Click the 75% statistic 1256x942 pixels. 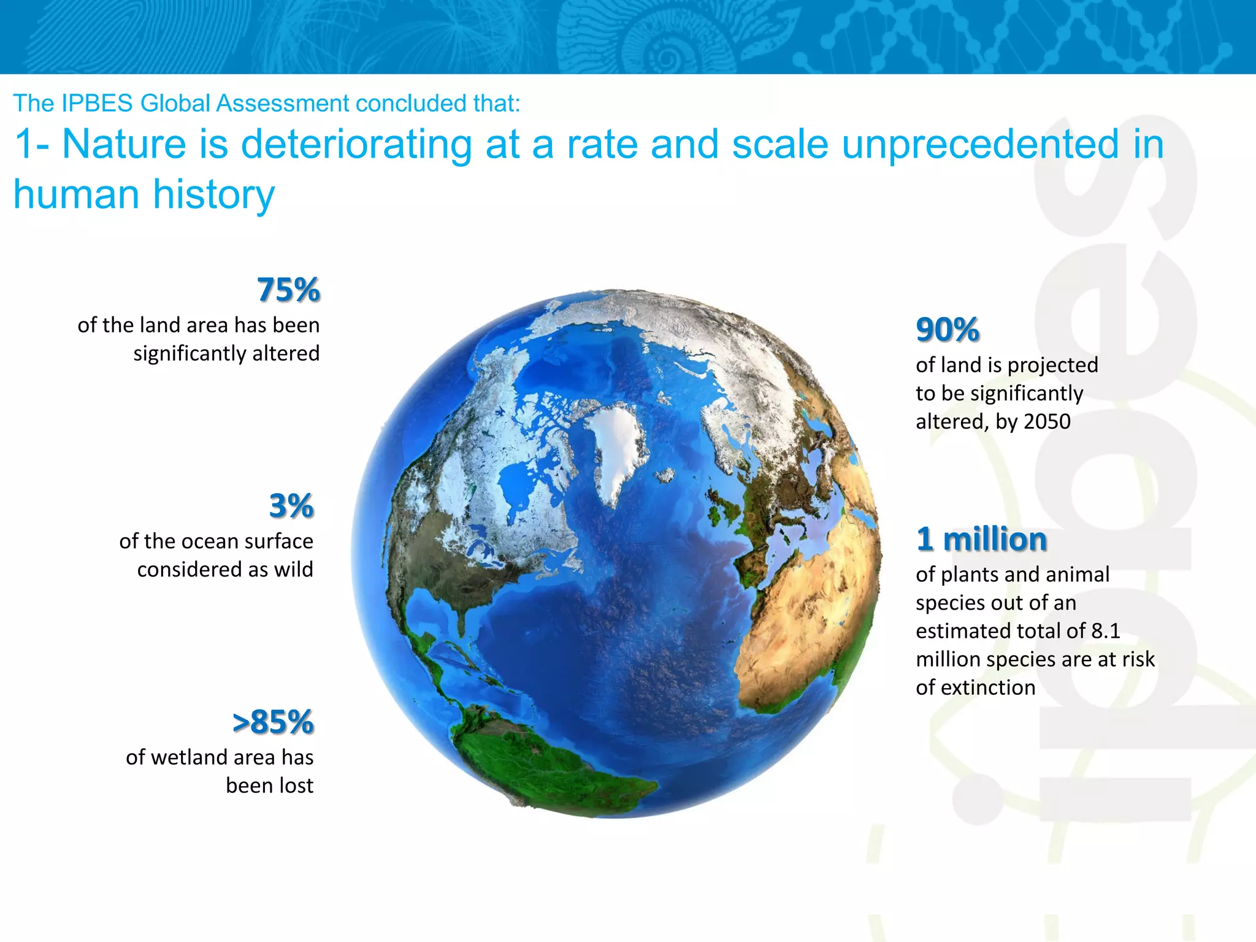point(288,289)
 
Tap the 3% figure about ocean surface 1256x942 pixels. point(291,506)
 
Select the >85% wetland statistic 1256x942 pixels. point(273,722)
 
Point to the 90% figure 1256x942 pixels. point(947,329)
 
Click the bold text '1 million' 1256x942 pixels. point(981,539)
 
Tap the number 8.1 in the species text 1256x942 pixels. point(1105,631)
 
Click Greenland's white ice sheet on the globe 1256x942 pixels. point(616,451)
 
